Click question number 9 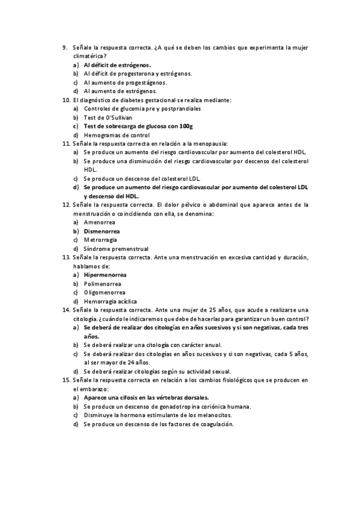pyautogui.click(x=65, y=47)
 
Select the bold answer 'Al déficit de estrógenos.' pyautogui.click(x=117, y=65)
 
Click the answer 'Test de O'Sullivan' pyautogui.click(x=108, y=118)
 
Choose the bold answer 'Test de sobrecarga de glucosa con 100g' pyautogui.click(x=138, y=127)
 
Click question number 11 pyautogui.click(x=66, y=145)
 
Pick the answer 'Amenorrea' pyautogui.click(x=99, y=222)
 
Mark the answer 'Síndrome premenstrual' pyautogui.click(x=116, y=248)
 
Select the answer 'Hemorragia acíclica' pyautogui.click(x=110, y=301)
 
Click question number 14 pyautogui.click(x=66, y=310)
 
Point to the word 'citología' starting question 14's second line pyautogui.click(x=84, y=319)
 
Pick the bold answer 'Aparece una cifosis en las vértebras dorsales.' pyautogui.click(x=146, y=397)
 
